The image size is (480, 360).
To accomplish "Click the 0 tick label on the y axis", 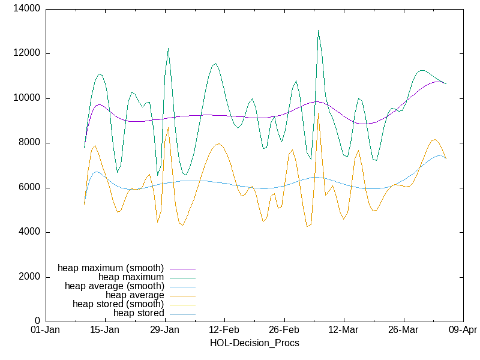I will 37,322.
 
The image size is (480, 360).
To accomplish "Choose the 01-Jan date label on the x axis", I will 45,330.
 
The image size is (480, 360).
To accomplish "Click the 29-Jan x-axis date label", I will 164,330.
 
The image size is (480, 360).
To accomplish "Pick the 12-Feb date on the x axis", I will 224,330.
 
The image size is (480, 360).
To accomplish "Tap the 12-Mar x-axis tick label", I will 344,330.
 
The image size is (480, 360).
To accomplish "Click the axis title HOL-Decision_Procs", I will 254,343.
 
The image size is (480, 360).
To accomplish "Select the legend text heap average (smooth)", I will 114,286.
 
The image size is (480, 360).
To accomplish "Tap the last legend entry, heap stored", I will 139,313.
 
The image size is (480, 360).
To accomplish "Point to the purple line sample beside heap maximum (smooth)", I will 182,268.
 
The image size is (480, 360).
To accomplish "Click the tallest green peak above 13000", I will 318,30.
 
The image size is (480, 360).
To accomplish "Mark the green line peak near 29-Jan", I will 168,48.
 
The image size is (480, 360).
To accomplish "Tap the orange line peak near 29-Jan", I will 169,127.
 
